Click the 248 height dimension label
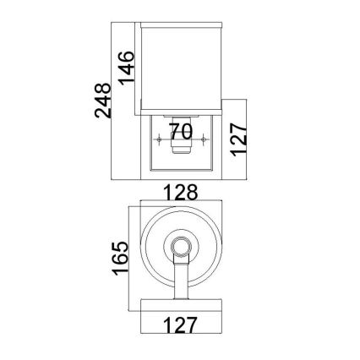(102, 101)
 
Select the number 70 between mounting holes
(182, 132)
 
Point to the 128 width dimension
(181, 193)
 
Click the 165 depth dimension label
(120, 258)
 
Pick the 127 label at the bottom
(179, 325)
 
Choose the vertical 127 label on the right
(239, 139)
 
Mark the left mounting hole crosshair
(159, 139)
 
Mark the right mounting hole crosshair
(203, 139)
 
